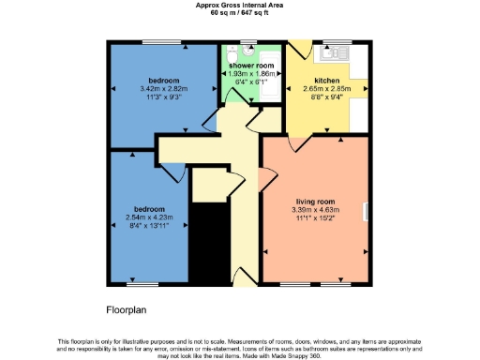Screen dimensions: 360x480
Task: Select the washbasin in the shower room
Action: coord(247,46)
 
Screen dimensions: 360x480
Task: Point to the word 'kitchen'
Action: coord(326,82)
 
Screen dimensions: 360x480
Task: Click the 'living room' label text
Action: coord(316,201)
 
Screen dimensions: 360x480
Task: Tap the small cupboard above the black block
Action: coord(209,187)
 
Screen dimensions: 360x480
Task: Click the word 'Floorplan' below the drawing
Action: coord(126,308)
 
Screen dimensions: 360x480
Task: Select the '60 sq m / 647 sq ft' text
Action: coord(239,13)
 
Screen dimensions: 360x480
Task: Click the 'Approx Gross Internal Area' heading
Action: coord(239,6)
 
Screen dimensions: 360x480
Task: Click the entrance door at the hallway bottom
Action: coord(242,281)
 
